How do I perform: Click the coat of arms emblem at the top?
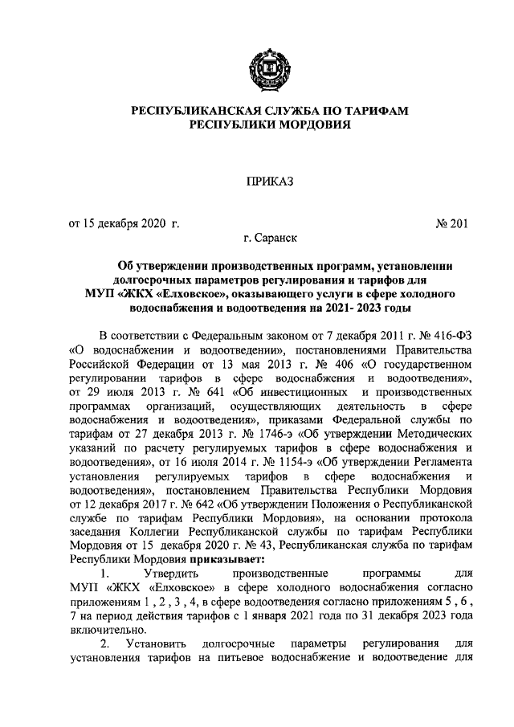pyautogui.click(x=267, y=67)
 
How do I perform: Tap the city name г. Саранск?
pyautogui.click(x=270, y=239)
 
